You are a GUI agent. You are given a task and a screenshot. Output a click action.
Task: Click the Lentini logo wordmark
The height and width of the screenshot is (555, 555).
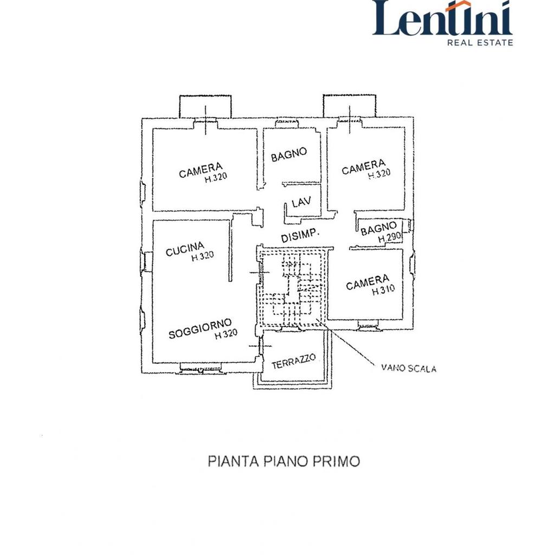pos(442,18)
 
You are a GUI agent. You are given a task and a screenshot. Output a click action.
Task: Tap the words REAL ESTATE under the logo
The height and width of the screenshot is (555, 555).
pos(480,43)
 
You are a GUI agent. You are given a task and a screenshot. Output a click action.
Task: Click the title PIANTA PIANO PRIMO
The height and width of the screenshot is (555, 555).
pos(284,461)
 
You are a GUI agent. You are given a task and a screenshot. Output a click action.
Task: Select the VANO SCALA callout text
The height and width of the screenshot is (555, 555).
pos(409,368)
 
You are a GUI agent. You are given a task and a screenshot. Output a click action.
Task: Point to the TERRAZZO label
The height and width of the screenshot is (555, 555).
pos(293,362)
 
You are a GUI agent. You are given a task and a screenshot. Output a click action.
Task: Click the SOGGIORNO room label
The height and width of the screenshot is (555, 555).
pos(200,328)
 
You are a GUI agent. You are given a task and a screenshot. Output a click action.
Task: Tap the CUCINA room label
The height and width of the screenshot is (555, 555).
pos(185,248)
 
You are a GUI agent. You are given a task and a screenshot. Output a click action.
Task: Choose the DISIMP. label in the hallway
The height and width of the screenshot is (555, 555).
pos(300,235)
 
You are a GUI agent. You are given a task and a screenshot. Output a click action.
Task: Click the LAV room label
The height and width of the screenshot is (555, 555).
pos(301,202)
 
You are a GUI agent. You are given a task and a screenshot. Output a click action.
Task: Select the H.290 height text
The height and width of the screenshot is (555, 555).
pos(389,237)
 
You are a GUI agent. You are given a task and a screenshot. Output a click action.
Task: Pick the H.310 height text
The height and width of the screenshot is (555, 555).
pos(383,291)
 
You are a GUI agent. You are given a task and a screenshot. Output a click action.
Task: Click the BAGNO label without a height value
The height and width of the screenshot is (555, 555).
pos(289,154)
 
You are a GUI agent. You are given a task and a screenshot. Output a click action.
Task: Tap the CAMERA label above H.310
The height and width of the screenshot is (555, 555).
pos(367,282)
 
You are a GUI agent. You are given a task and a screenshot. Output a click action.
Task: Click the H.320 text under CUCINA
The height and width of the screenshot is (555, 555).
pos(203,256)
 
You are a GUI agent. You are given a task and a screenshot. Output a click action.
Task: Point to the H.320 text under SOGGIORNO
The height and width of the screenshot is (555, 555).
pos(226,334)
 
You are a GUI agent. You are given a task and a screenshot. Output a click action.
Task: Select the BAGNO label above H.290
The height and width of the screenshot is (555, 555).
pos(378,229)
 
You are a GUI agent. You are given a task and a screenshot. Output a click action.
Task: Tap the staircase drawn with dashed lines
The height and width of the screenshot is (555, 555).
pos(291,288)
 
